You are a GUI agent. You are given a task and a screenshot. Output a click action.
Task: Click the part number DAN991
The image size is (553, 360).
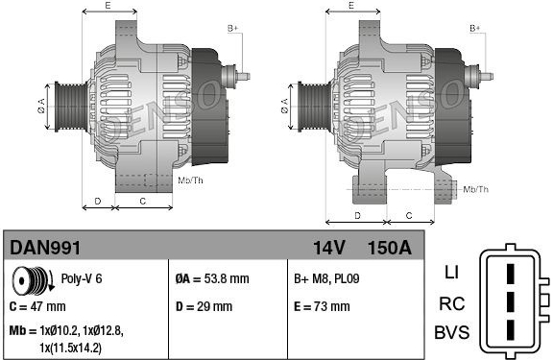45,248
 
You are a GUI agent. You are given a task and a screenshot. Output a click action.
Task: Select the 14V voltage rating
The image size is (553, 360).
328,248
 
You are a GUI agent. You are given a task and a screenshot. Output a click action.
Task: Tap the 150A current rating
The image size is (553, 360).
390,248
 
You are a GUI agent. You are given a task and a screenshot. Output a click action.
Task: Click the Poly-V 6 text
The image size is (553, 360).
82,278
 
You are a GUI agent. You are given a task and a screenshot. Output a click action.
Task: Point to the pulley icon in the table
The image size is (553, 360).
33,280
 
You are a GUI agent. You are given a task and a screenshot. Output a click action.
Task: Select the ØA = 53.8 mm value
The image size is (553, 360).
212,279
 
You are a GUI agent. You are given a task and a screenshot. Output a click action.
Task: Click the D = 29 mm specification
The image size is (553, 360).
204,306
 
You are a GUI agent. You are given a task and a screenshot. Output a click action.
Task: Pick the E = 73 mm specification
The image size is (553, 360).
322,306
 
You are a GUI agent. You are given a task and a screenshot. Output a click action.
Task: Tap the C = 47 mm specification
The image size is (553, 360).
37,306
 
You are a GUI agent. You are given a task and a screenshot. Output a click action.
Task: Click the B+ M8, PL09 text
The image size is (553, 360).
326,279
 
